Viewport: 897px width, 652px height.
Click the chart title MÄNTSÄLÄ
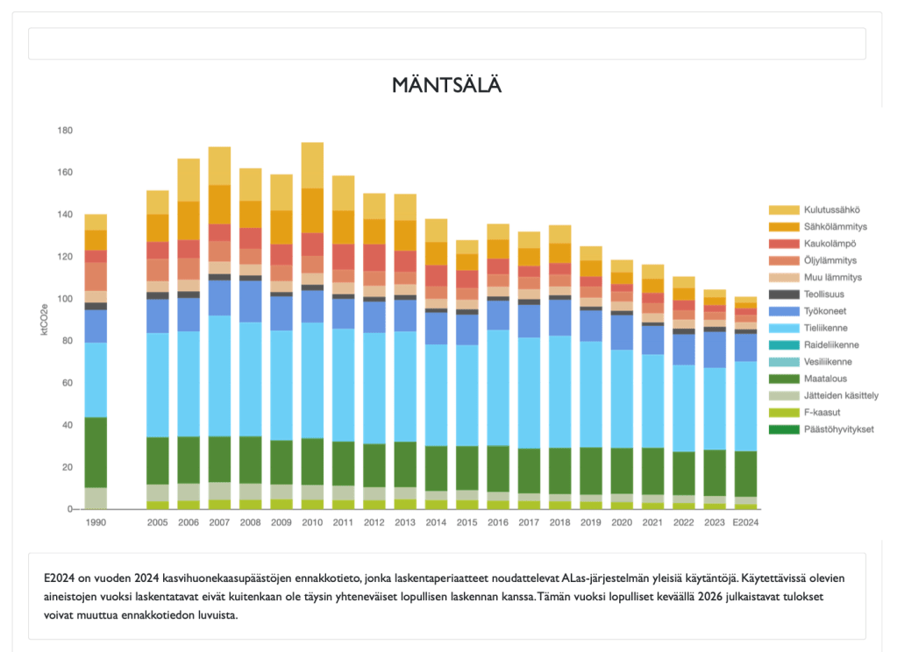coord(447,85)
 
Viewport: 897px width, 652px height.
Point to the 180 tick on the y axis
coord(65,131)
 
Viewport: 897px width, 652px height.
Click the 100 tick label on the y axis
coord(65,299)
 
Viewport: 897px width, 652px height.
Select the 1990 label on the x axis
coord(96,522)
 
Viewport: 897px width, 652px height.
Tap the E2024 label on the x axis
coord(745,522)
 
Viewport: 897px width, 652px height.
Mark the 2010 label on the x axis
coord(312,522)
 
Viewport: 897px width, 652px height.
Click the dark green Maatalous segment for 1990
coord(96,452)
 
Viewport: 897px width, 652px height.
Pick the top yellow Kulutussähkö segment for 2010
coord(312,165)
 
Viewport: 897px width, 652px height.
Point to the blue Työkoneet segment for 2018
coord(560,317)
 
